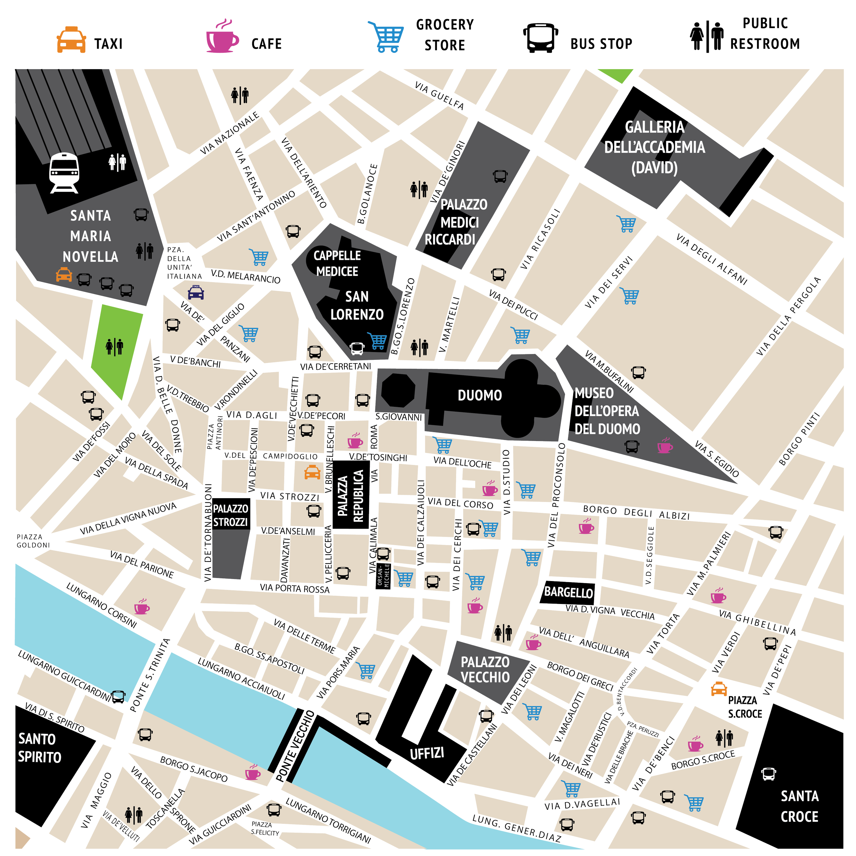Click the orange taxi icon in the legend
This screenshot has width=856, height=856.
[x=71, y=40]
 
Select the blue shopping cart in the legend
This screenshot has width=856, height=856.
[x=386, y=36]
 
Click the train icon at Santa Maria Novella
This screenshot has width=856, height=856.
[x=64, y=173]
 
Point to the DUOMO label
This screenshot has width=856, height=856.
[x=479, y=395]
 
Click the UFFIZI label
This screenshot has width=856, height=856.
[x=427, y=753]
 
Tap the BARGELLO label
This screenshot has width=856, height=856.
[x=568, y=592]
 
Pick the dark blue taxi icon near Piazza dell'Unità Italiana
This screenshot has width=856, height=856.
[x=196, y=293]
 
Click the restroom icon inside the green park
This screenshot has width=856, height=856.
[x=114, y=347]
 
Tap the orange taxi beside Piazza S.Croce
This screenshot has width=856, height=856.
[x=719, y=689]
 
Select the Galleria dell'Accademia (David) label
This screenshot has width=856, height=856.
[x=654, y=147]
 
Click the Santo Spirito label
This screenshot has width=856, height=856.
[x=39, y=748]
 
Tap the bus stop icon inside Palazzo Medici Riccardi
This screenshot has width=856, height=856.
[x=500, y=176]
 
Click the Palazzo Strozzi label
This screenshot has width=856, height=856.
[x=230, y=515]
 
